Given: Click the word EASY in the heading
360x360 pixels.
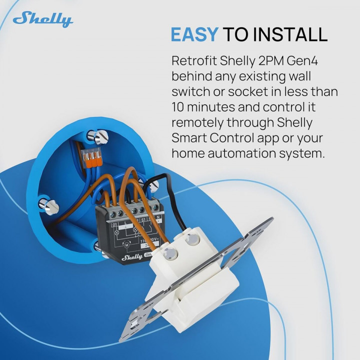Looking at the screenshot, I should coord(194,34).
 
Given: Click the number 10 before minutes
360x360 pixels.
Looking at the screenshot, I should coord(178,107).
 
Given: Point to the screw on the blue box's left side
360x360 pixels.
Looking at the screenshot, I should coord(47,204).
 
